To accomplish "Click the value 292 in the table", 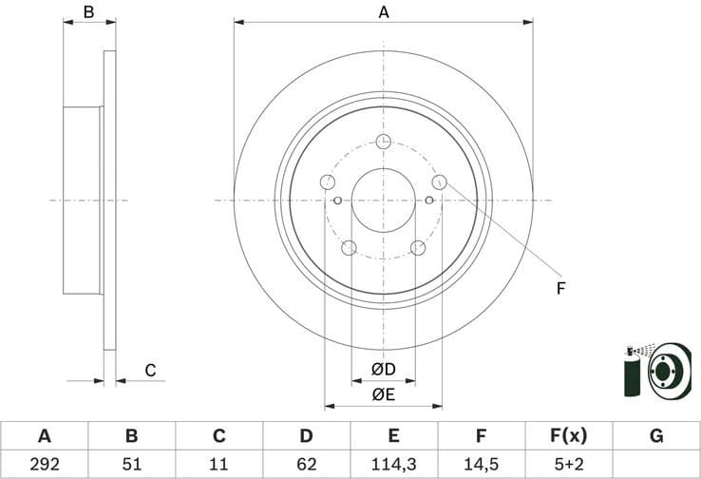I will click(44, 466).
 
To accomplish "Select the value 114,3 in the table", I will click(393, 466).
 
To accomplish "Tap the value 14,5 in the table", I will click(481, 466).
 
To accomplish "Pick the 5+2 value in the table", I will click(568, 466).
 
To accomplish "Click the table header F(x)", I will click(568, 436).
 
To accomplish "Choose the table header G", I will click(655, 436).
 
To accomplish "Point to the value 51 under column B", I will click(131, 466).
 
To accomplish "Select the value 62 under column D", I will click(306, 466).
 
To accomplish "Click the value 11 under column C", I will click(218, 466).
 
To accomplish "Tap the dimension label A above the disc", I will click(384, 12).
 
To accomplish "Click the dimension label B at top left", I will click(88, 12).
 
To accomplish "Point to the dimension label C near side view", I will click(149, 371).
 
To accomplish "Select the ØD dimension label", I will click(384, 368).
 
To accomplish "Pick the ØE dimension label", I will click(384, 393).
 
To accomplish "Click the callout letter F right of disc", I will click(560, 287).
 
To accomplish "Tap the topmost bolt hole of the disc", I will click(384, 142).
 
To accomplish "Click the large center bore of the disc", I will click(384, 201).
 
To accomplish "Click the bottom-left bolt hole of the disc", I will click(349, 248).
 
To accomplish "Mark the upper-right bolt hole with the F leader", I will click(439, 182).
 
